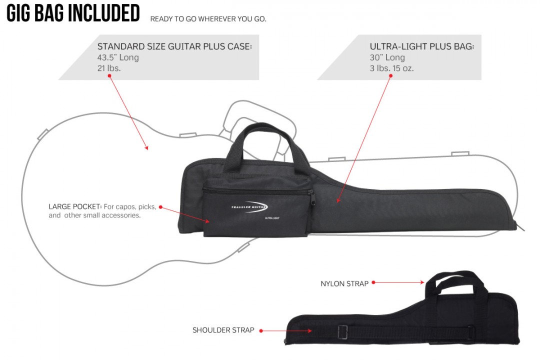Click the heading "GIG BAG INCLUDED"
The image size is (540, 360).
tap(73, 13)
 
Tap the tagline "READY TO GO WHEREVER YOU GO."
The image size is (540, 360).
tap(208, 19)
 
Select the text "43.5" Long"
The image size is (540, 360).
tap(118, 57)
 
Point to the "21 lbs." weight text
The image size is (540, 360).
tap(109, 68)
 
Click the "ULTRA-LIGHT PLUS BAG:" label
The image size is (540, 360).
tap(421, 46)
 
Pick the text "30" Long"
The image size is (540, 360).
tap(387, 57)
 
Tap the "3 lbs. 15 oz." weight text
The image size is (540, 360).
tap(391, 68)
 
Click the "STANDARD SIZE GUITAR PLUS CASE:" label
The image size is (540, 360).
tap(174, 46)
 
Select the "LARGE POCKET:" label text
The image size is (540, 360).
tap(75, 206)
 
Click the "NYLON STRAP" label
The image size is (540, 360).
tap(344, 284)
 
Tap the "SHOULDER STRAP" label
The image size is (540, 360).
tap(223, 330)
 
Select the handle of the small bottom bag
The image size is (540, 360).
tap(455, 280)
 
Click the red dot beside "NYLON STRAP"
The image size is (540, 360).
tap(373, 282)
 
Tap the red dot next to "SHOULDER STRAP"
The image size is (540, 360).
tap(261, 330)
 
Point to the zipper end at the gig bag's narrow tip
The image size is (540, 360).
tap(520, 227)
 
